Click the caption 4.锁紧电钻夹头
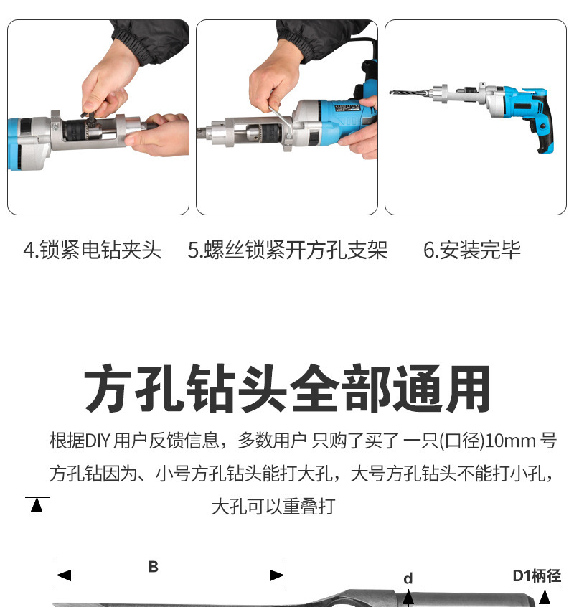(x=93, y=250)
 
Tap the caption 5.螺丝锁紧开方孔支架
(x=287, y=250)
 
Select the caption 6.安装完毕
(x=471, y=250)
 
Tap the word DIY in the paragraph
(x=98, y=441)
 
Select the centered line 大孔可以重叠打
(x=273, y=507)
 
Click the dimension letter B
(x=153, y=567)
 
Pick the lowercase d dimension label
(x=408, y=578)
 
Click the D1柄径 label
(x=537, y=575)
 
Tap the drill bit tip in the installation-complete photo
(x=394, y=92)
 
